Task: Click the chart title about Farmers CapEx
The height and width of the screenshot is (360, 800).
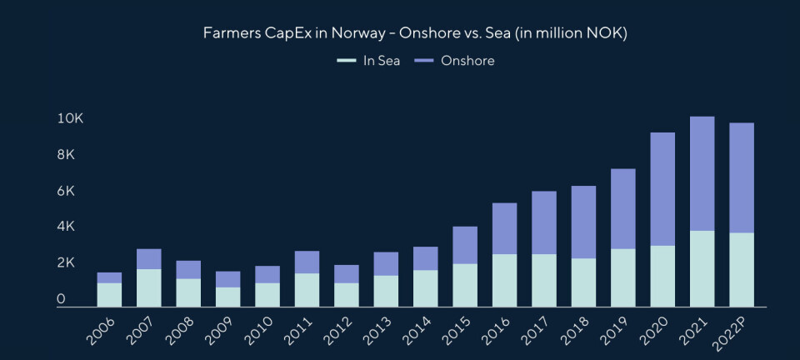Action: (x=416, y=34)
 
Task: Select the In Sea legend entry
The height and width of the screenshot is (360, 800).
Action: (x=368, y=61)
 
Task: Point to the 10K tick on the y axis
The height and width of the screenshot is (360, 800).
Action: (x=70, y=119)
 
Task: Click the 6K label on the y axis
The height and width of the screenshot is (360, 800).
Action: (x=66, y=191)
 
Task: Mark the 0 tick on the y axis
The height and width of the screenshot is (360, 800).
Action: (x=61, y=298)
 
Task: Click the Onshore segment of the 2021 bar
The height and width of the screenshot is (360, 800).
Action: (x=702, y=173)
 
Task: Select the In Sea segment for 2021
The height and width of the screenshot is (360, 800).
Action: (x=702, y=268)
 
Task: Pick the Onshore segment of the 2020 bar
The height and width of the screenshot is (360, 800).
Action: (x=662, y=189)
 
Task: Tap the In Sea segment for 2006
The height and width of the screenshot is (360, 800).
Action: (x=109, y=294)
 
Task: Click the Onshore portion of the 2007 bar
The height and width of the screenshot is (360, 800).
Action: (x=148, y=259)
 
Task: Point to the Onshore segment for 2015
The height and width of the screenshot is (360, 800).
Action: (x=465, y=245)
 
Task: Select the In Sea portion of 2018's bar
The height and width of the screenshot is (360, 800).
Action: (x=583, y=282)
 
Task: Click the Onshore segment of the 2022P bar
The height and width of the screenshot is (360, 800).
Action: (x=742, y=177)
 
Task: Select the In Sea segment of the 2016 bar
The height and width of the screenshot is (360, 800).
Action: (x=504, y=280)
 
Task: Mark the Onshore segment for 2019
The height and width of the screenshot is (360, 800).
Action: (x=623, y=208)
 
